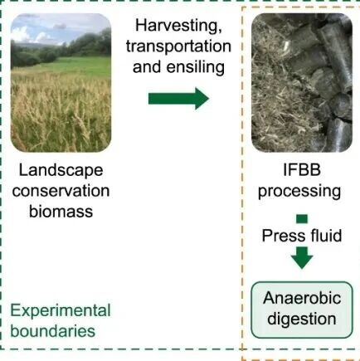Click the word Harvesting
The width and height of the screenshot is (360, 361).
(178, 26)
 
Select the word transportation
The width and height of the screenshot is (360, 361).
(178, 46)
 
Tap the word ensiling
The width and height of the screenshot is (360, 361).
(196, 67)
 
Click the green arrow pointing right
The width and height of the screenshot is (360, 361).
(178, 99)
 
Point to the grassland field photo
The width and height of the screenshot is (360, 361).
(61, 83)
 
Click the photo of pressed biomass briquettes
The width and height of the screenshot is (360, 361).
(302, 83)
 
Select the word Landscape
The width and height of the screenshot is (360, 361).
(61, 171)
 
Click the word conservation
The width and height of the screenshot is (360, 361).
(61, 191)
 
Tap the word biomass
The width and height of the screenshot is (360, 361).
(61, 212)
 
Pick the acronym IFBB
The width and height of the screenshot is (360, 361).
(302, 170)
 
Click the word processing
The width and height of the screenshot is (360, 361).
(299, 192)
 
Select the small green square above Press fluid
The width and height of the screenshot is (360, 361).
(302, 219)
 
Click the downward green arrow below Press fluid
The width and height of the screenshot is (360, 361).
(302, 258)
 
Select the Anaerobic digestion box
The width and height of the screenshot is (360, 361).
(302, 310)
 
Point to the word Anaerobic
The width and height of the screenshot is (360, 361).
(302, 298)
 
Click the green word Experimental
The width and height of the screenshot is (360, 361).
(61, 311)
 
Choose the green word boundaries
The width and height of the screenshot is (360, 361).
(53, 331)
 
